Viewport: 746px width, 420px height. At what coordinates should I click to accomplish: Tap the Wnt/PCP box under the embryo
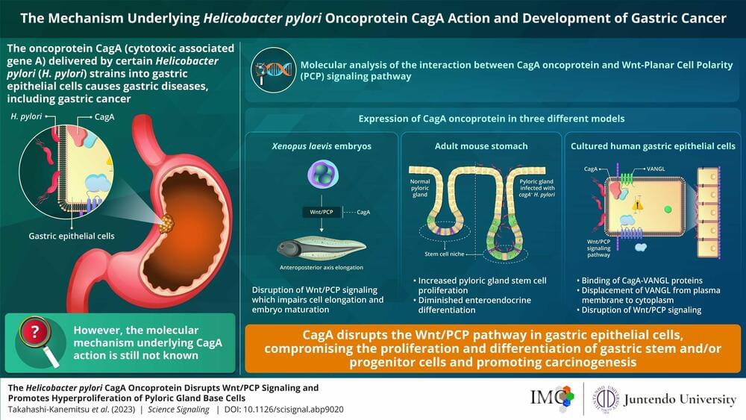pos(321,213)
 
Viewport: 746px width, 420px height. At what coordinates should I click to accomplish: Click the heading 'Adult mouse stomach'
pos(480,146)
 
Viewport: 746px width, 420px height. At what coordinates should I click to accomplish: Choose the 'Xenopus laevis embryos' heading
pos(321,146)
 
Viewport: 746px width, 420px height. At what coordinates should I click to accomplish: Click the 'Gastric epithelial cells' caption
pos(66,236)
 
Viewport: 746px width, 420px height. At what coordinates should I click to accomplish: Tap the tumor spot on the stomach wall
pos(167,221)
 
